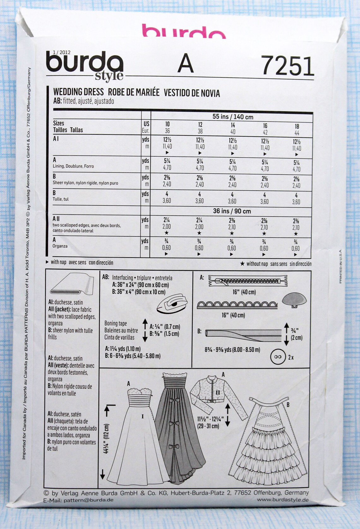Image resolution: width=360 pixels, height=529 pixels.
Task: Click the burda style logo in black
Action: [x=85, y=65]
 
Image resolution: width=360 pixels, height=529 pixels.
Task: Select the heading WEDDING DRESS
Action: [x=78, y=92]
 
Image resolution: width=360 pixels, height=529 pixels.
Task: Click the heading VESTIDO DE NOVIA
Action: [x=192, y=93]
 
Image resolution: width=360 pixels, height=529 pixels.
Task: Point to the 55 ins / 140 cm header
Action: [x=233, y=117]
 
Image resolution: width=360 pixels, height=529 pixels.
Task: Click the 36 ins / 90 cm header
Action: [x=232, y=211]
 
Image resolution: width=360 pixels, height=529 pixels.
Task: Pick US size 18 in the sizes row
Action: [x=297, y=126]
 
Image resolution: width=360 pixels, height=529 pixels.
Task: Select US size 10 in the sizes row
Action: [x=167, y=124]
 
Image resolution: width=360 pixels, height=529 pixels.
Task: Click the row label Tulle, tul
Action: [x=61, y=199]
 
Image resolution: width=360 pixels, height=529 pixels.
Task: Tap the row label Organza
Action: [x=60, y=246]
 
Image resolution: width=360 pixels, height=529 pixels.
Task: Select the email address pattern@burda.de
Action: [x=88, y=500]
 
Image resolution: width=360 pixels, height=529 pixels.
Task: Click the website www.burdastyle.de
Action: [x=283, y=500]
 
